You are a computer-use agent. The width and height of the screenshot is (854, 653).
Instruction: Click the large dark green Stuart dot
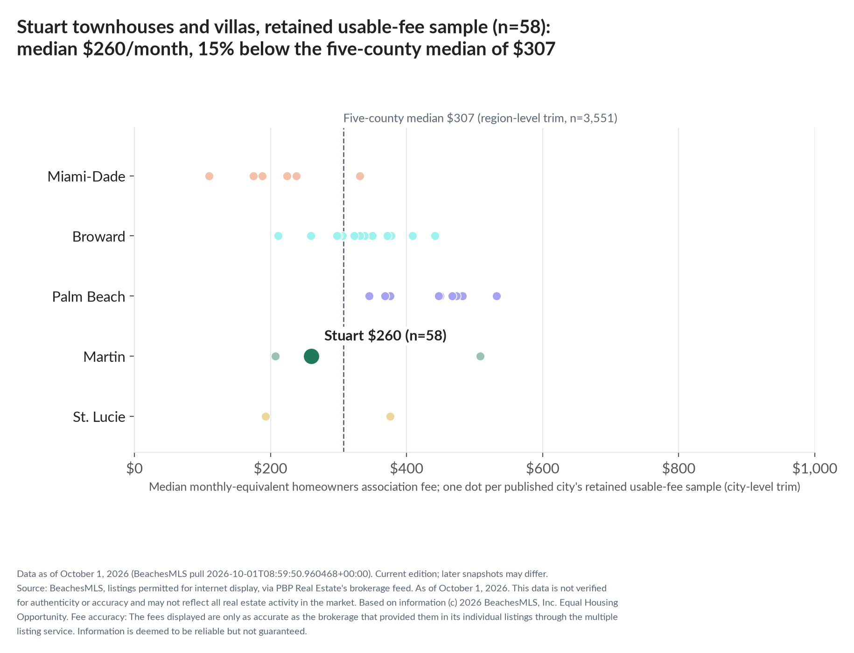click(x=311, y=357)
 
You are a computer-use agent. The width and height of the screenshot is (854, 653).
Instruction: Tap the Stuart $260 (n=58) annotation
click(x=385, y=336)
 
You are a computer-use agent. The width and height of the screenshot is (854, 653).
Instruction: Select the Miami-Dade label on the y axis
click(x=86, y=176)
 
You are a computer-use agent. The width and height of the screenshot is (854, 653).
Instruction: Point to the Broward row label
click(x=99, y=237)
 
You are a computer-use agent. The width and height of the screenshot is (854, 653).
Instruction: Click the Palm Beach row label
click(x=89, y=296)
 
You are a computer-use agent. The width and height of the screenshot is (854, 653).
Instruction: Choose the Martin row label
click(x=105, y=357)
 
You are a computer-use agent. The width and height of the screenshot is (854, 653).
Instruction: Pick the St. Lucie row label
click(x=99, y=417)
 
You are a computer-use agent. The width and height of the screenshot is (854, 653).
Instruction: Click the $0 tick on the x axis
click(x=134, y=468)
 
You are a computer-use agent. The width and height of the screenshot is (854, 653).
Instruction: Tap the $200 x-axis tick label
click(x=271, y=468)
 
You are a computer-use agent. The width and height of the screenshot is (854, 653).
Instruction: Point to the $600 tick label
click(x=543, y=468)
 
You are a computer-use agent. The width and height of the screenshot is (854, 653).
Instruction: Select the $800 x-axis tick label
click(x=679, y=468)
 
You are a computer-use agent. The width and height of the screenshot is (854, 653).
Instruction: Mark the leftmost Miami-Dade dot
click(x=209, y=176)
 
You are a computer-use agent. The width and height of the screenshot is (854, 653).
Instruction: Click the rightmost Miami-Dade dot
click(x=360, y=176)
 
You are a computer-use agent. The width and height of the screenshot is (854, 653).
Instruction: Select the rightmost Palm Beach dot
click(x=497, y=296)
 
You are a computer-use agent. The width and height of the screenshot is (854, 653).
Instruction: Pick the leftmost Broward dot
click(x=278, y=236)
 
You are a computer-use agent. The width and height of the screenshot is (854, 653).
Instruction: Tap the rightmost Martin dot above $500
click(x=480, y=356)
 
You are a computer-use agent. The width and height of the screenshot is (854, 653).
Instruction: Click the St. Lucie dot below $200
click(x=266, y=416)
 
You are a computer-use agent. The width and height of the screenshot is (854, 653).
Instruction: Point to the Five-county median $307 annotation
click(x=480, y=118)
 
